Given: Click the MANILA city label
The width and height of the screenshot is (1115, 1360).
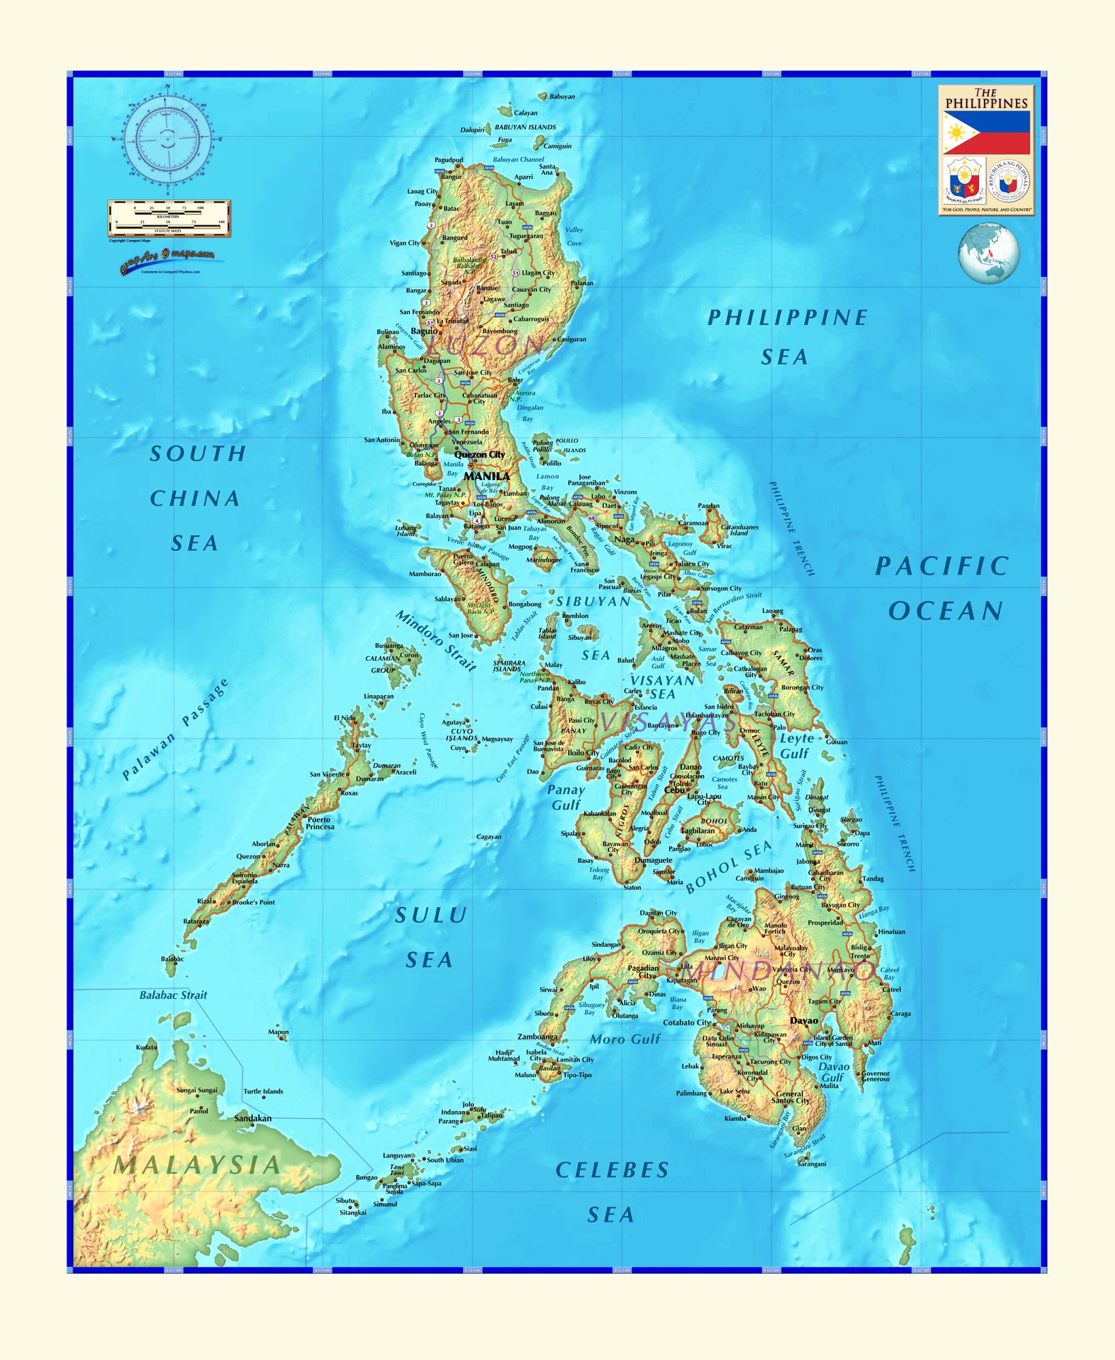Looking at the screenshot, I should [x=487, y=477].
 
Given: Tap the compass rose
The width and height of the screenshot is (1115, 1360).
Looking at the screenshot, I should [x=167, y=139].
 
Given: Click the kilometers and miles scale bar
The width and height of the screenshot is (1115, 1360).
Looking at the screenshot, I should [x=169, y=218].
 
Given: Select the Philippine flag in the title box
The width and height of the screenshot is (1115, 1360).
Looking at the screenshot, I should [x=987, y=133].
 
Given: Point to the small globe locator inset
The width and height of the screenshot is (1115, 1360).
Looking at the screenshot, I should [x=989, y=252].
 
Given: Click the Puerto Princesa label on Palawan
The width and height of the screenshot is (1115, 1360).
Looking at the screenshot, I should [x=320, y=823].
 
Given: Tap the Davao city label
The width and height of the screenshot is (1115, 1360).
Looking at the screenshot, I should [x=804, y=1021].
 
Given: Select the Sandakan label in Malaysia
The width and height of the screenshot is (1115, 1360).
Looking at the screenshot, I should [x=253, y=1118].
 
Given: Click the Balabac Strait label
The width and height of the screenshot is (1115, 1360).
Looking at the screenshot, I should [x=173, y=995].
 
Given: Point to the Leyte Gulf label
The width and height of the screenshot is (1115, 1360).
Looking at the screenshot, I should [x=795, y=746].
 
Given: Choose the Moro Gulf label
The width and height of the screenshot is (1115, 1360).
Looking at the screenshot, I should [x=625, y=1039].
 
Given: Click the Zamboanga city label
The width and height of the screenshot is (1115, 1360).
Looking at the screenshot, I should [x=537, y=1037].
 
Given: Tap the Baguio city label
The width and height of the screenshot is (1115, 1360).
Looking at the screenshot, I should [x=424, y=331].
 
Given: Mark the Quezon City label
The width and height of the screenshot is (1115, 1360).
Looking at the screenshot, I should [x=480, y=454].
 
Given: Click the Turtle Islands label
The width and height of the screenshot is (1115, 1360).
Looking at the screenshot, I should [x=263, y=1091].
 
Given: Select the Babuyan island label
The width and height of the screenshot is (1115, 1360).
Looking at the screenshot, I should [x=562, y=97].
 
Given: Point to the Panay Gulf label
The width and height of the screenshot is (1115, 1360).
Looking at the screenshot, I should [x=566, y=797].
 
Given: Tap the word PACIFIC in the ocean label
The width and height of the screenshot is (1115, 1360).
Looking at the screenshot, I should [x=942, y=566].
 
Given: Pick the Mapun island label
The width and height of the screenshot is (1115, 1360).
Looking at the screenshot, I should [x=278, y=1032].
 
